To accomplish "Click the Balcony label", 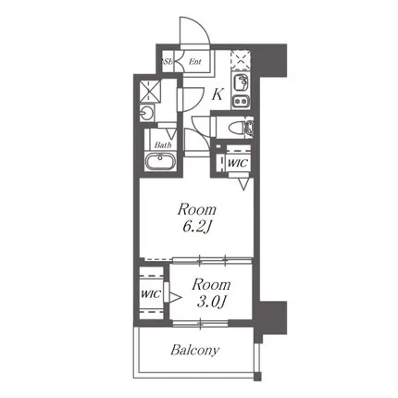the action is pos(194,350).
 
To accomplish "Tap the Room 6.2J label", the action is pos(197,218).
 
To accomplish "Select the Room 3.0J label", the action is pos(211,293).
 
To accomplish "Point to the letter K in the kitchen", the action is pos(218,94).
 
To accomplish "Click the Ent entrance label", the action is pos(195,62).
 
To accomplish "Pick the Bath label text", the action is pos(163,144).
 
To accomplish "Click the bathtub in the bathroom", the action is pos(160,161).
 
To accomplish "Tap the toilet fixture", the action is pos(241,127).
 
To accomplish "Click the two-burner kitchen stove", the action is pos(241,101).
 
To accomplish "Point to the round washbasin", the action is pos(146,113).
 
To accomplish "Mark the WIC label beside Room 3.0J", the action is pos(151,293).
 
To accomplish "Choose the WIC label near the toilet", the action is pos(238,163).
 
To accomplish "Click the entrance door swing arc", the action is pos(204,26).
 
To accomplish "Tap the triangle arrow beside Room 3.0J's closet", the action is pos(175,297).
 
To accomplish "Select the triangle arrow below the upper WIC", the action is pos(243,184).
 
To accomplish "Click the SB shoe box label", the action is pos(167,61).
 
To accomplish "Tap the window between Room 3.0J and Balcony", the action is pos(200,323).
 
